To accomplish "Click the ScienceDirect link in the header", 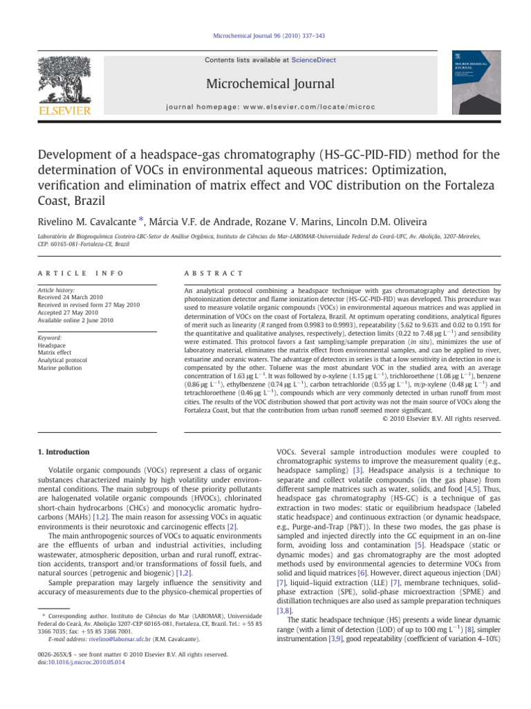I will tap(315, 60).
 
